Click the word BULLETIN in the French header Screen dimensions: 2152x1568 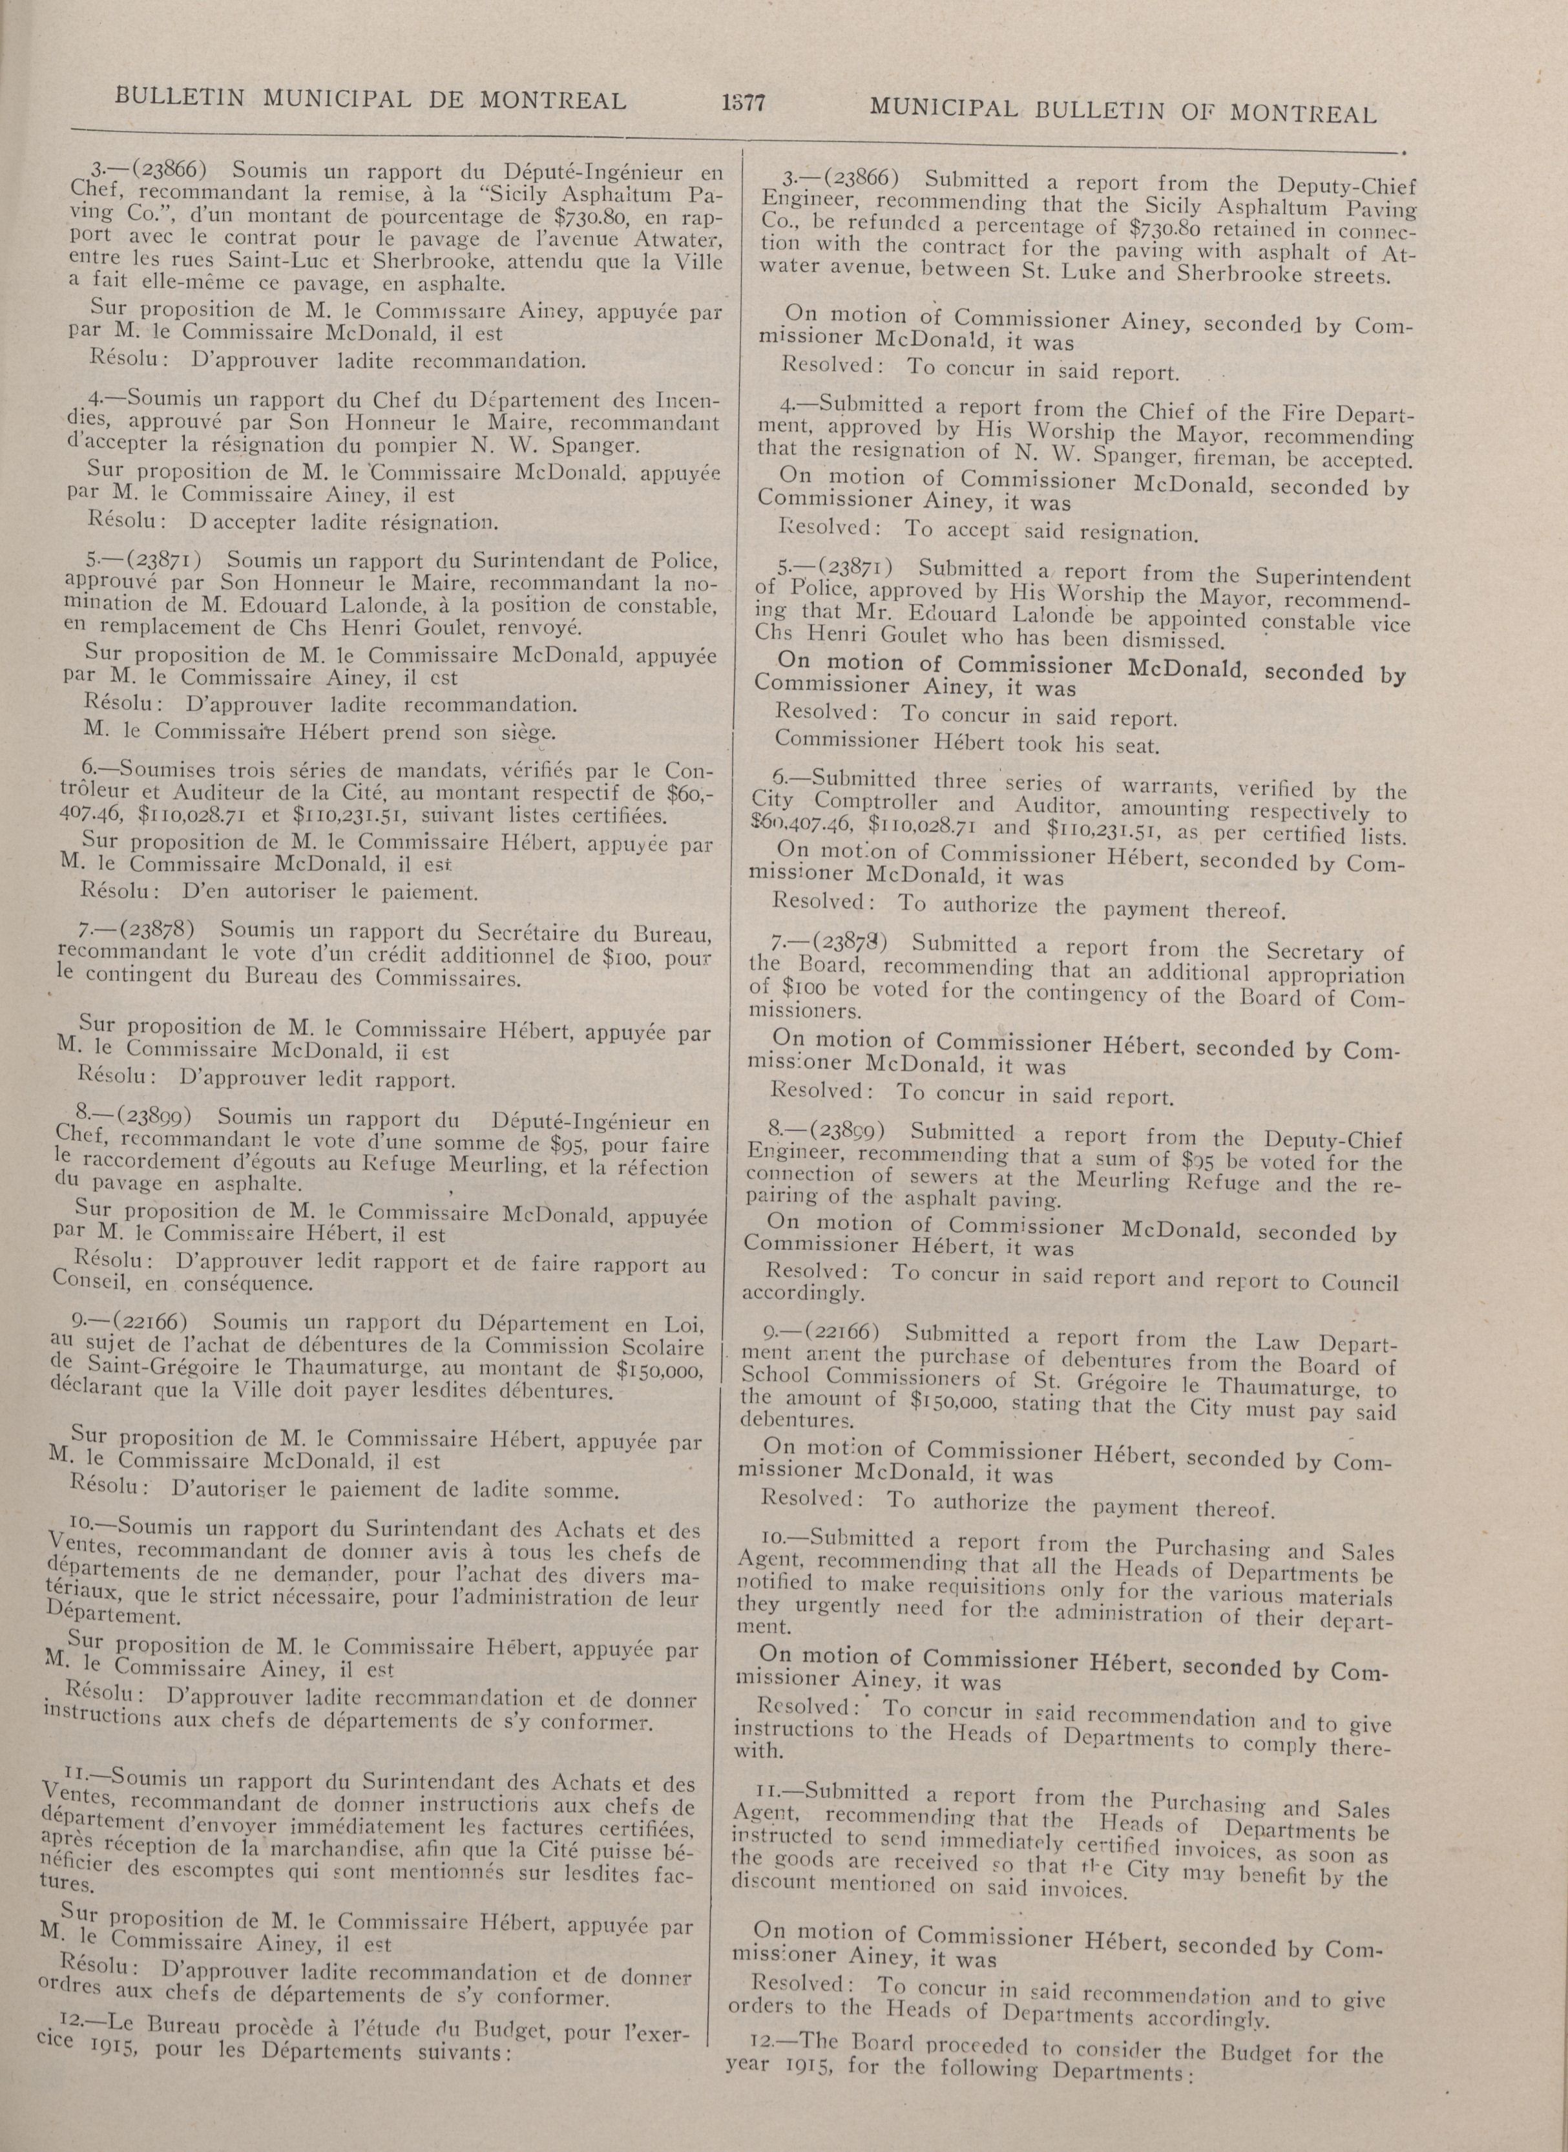pyautogui.click(x=180, y=98)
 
